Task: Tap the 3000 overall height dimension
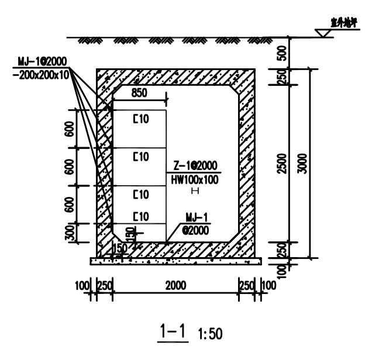[302, 163]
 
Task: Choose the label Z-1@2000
[195, 166]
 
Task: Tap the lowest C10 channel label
[142, 215]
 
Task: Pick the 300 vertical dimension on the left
[71, 233]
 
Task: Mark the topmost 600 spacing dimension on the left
[71, 130]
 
